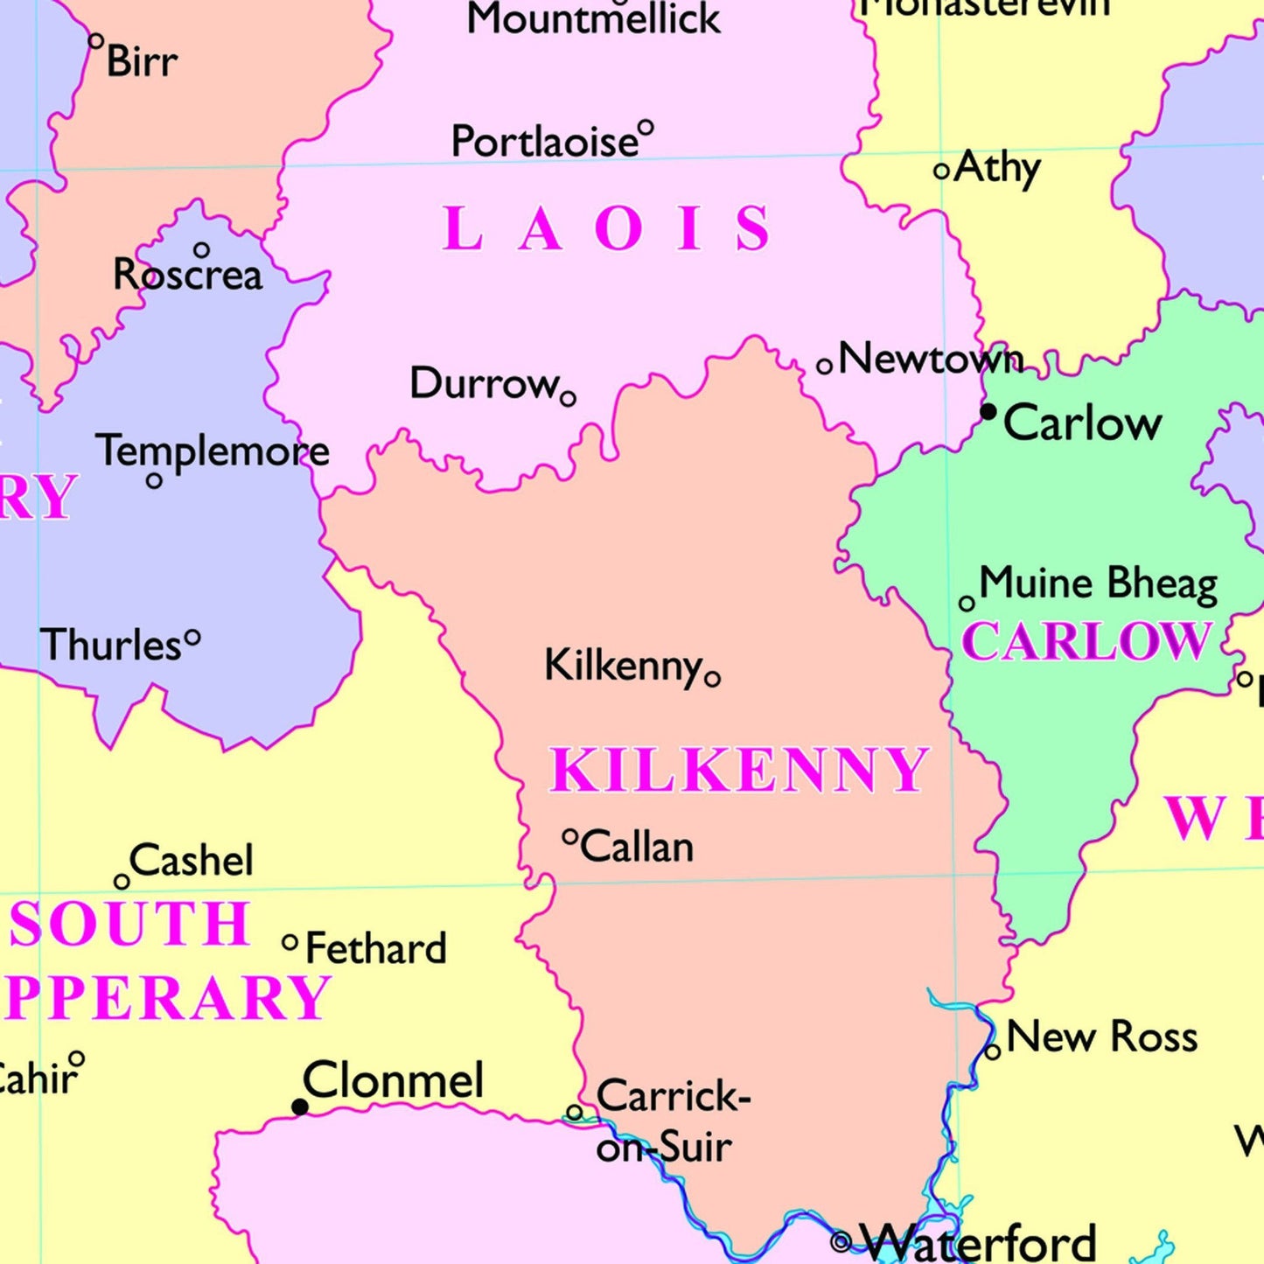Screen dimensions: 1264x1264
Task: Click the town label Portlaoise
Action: click(544, 142)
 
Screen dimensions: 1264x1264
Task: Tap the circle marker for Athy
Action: click(941, 171)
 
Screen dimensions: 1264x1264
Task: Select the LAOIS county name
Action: click(607, 229)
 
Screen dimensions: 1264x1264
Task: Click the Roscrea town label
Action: click(187, 275)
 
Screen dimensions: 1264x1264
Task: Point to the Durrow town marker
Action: click(568, 400)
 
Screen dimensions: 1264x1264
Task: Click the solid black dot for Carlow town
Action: click(988, 411)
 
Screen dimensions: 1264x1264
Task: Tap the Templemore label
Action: click(213, 451)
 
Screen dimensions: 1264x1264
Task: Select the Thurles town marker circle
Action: click(192, 639)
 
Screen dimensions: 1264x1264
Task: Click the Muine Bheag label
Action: click(1098, 583)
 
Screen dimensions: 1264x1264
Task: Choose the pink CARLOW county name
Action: click(1086, 641)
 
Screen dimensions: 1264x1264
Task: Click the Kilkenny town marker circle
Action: click(712, 679)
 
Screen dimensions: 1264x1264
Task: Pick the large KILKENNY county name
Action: click(737, 771)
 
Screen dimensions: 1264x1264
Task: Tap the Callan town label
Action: click(637, 847)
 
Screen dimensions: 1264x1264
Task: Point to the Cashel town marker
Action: click(122, 881)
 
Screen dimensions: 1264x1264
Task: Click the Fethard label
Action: click(376, 949)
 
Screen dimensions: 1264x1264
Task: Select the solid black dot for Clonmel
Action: click(299, 1107)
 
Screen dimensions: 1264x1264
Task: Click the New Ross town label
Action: click(1101, 1037)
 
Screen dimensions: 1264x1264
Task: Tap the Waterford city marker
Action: click(841, 1240)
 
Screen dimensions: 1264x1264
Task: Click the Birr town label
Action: click(142, 61)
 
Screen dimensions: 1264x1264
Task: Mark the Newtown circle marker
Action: click(824, 367)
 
